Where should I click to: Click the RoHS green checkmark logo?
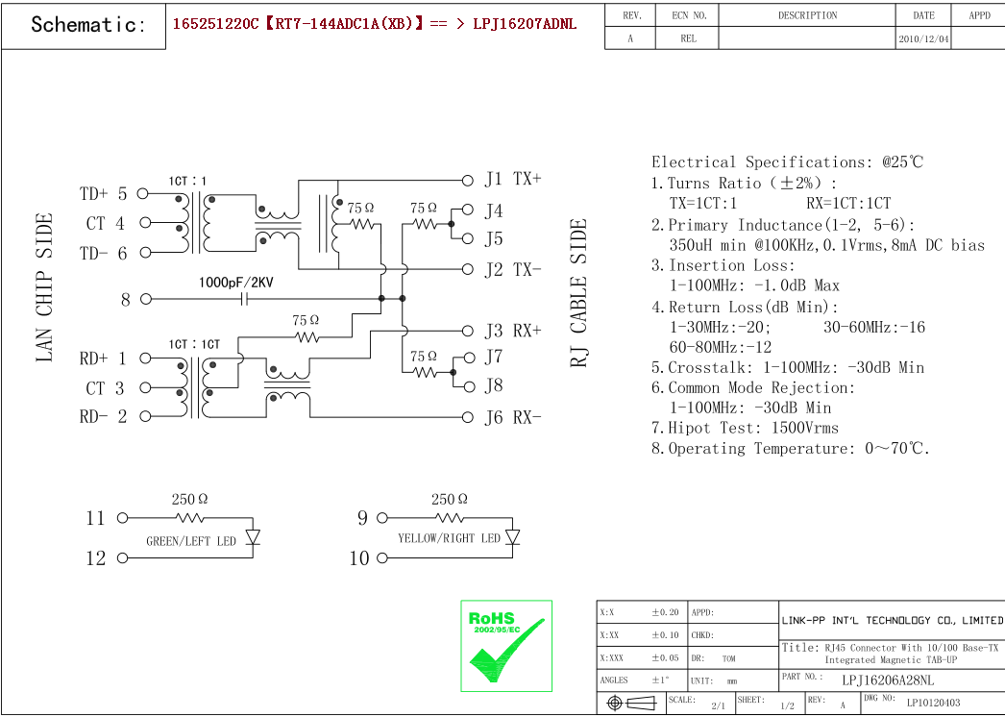[x=506, y=646]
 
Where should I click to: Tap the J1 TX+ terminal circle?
[x=468, y=180]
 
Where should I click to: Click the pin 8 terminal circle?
[x=146, y=299]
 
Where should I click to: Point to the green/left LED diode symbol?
[x=253, y=536]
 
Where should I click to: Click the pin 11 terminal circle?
[x=122, y=518]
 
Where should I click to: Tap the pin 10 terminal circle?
[x=381, y=557]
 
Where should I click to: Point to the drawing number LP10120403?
[x=933, y=703]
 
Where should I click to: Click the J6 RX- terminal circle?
[x=468, y=417]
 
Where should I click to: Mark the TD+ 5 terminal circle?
[x=143, y=194]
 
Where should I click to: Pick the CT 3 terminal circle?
[x=143, y=388]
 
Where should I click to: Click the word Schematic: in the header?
[x=88, y=25]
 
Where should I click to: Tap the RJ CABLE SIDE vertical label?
[x=578, y=293]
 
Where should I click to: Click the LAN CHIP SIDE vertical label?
[x=44, y=288]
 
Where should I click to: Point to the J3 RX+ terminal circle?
[x=468, y=331]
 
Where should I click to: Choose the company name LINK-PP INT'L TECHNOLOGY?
[x=892, y=620]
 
